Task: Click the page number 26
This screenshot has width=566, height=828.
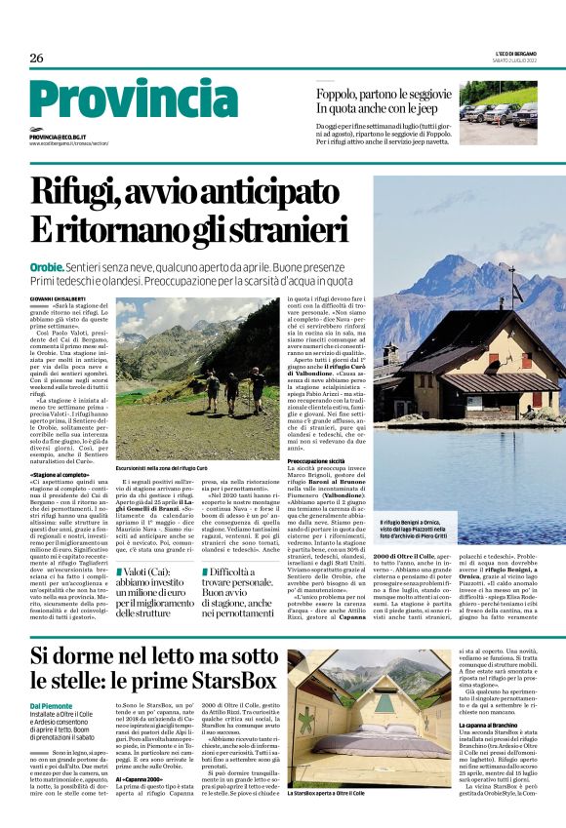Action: pyautogui.click(x=37, y=59)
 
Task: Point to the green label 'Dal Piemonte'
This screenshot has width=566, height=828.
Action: pyautogui.click(x=51, y=705)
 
